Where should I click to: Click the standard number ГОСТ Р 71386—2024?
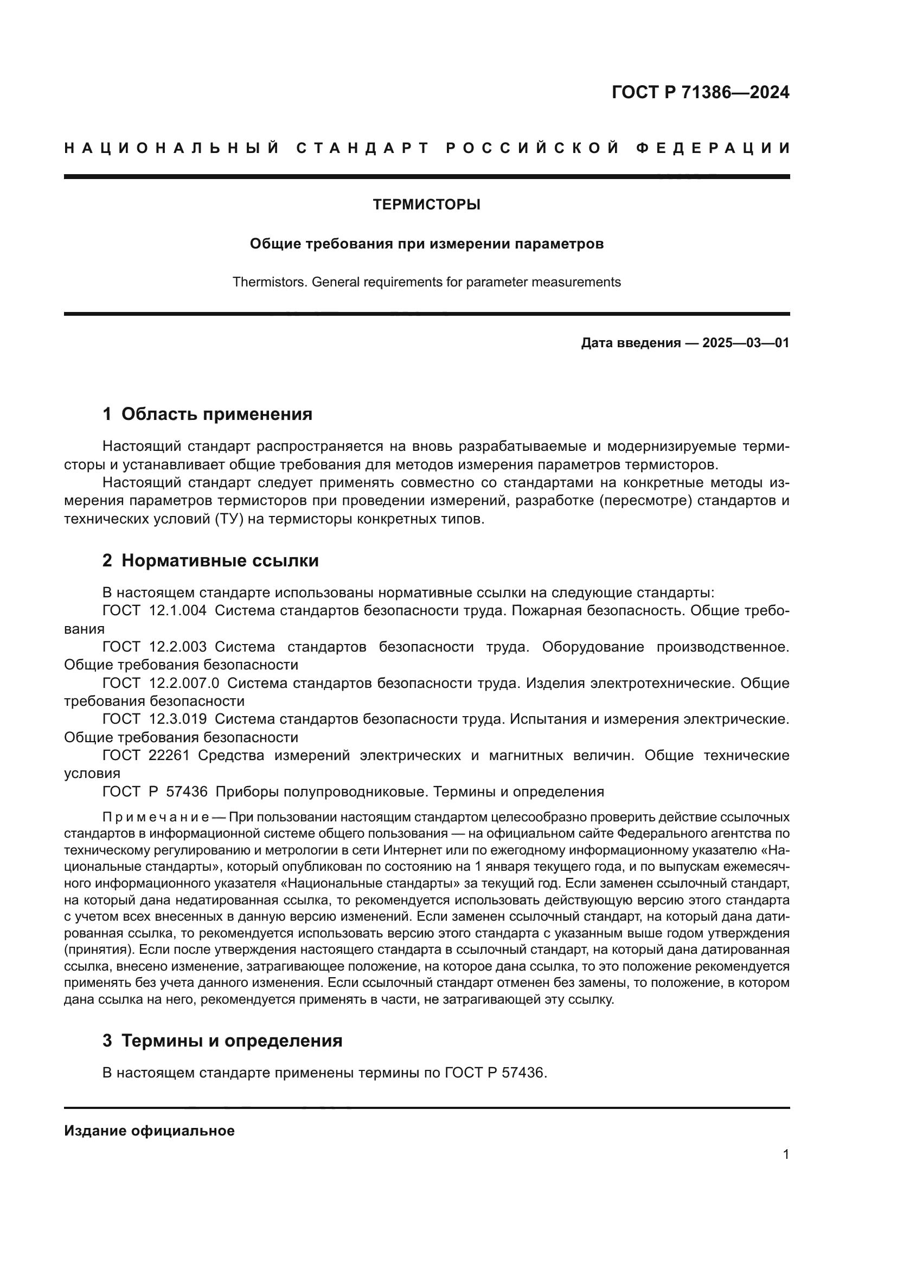pos(700,92)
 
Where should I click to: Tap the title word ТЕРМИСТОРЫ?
pos(426,205)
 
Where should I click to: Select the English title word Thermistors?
pos(270,282)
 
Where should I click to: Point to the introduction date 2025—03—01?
pos(746,343)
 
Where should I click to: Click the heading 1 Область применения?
pos(207,414)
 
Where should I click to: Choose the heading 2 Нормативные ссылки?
pos(210,560)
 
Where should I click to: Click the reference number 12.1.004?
pos(178,611)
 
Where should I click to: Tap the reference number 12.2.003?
pos(178,647)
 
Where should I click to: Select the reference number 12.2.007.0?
pos(184,683)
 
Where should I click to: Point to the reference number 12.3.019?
pos(178,719)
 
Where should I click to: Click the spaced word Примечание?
pos(156,817)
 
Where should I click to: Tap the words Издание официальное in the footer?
pos(149,1131)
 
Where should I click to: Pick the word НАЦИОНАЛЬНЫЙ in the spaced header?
pos(172,148)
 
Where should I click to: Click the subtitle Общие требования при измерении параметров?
pos(426,244)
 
